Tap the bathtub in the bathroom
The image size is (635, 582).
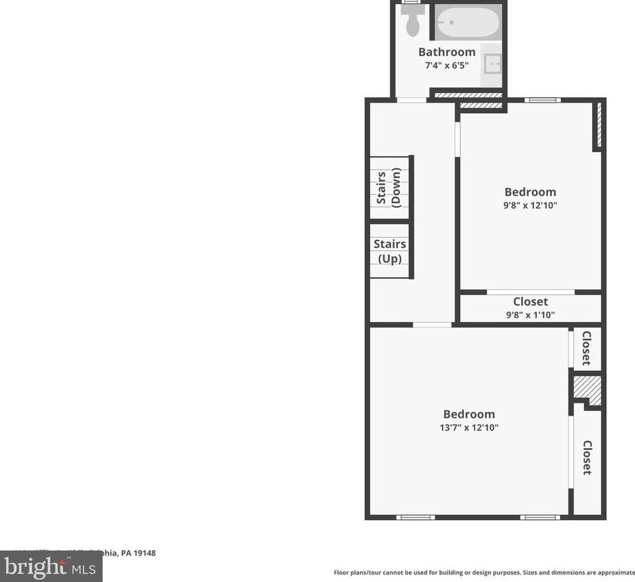coord(467,22)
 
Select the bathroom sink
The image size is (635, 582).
coord(492,65)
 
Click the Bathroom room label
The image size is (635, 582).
coord(446,52)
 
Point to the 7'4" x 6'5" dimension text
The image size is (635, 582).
coord(446,66)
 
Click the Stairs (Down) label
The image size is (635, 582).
coord(389,188)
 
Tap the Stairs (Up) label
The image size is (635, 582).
coord(390,251)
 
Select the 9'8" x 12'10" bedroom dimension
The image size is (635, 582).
coord(530,205)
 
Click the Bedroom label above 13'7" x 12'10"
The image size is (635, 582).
coord(469,414)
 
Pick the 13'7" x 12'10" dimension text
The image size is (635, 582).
coord(469,428)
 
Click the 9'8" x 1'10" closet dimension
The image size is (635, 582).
coord(530,314)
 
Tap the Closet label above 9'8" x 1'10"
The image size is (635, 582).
coord(530,302)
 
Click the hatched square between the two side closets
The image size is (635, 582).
coord(587,390)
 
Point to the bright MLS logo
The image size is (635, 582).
coord(51,566)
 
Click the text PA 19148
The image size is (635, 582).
coord(139,553)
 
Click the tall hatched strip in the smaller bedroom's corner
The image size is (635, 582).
coord(598,126)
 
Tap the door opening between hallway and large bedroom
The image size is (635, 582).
coord(432,325)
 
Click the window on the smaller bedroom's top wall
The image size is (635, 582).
coord(542,101)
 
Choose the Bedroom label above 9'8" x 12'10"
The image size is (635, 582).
coord(530,192)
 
